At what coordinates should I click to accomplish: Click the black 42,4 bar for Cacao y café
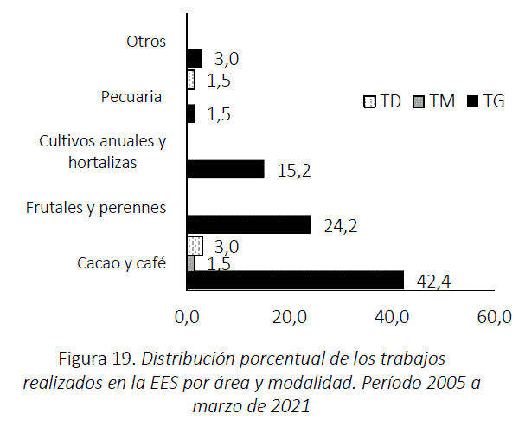tap(295, 280)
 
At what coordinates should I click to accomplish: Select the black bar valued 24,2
tap(248, 224)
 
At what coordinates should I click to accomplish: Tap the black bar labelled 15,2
tap(225, 169)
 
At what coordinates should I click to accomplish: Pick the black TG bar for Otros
tap(195, 58)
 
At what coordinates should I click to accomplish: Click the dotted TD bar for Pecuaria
tap(191, 80)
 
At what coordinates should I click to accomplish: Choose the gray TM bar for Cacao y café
tap(191, 263)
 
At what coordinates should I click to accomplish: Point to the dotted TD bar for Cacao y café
tap(195, 245)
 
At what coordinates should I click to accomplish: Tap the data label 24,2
tap(341, 227)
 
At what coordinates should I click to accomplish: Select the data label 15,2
tap(293, 171)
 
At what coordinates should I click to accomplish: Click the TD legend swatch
tap(368, 101)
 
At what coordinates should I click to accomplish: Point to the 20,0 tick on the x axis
tap(290, 317)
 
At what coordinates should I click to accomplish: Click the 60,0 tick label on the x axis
tap(495, 317)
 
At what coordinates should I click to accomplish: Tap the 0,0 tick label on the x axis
tap(187, 317)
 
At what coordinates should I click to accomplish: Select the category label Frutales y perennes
tap(96, 207)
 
